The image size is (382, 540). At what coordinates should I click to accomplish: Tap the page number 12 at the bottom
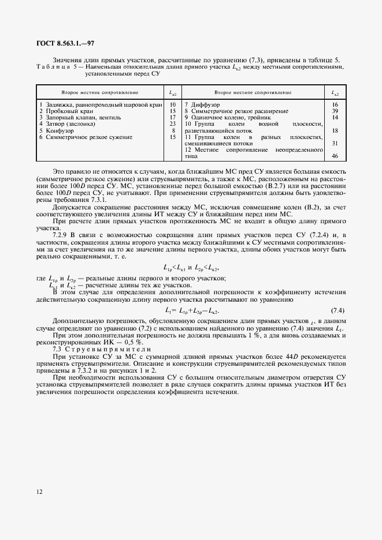39,492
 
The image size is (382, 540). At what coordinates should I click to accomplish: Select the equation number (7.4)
338,311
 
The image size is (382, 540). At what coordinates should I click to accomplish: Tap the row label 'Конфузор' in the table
59,130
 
